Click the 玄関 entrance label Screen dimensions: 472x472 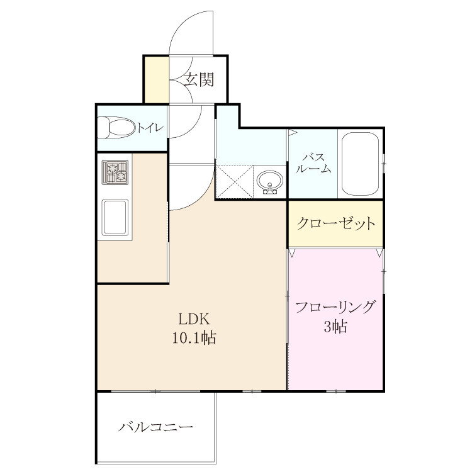199,80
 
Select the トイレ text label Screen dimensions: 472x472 150,128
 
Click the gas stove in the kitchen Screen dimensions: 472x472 115,172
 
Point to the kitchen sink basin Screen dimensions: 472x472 115,217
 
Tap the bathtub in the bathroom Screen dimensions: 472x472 361,164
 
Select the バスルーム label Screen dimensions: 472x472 313,163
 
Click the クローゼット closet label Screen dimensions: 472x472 336,223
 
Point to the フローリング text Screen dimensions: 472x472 335,307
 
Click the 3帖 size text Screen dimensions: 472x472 335,326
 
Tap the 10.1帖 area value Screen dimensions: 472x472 194,337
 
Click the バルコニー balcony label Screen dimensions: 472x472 155,427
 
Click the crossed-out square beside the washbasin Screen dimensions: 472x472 235,181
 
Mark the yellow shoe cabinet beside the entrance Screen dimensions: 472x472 157,80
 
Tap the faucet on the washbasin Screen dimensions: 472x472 270,190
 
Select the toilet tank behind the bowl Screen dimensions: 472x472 103,128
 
